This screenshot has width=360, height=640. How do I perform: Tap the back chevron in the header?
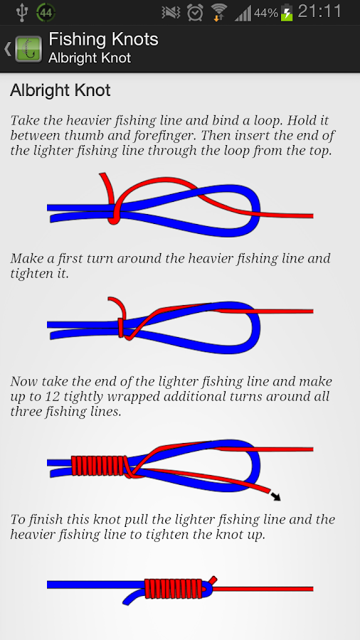[7, 48]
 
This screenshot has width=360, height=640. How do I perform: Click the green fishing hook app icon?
[28, 48]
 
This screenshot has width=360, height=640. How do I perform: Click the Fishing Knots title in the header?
[103, 39]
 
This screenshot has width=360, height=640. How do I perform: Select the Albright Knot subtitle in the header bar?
[90, 58]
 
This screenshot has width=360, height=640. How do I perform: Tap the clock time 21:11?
[319, 12]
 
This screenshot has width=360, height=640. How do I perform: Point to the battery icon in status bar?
[287, 13]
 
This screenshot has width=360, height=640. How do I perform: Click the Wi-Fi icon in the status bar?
[219, 12]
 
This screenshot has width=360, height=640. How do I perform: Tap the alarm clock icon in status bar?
[194, 12]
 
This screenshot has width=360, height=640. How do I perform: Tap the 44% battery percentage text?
[265, 13]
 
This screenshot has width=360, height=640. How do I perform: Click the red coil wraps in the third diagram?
[100, 466]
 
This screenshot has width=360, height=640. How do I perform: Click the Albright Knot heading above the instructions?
[60, 91]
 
